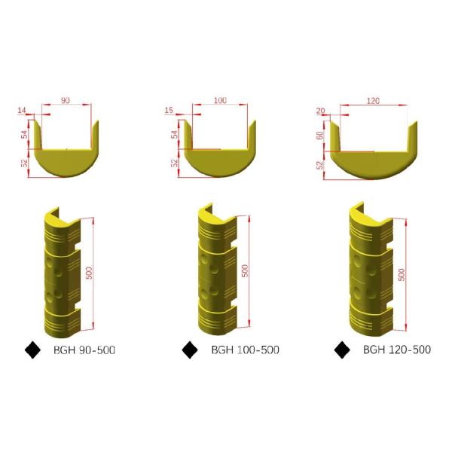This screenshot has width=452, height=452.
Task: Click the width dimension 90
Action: (65, 100)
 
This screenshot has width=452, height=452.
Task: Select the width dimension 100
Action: (220, 100)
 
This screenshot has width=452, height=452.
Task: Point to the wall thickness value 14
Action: (21, 111)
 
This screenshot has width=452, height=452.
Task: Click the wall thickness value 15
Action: (169, 111)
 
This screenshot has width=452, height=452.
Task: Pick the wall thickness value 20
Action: (321, 111)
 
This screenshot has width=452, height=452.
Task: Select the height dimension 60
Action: (319, 136)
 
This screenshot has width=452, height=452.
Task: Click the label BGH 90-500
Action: (84, 350)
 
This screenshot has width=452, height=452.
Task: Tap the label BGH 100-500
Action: (245, 350)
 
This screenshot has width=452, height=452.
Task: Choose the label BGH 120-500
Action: (397, 350)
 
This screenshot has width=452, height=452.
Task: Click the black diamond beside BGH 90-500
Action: (33, 350)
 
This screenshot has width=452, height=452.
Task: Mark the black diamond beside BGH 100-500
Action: (191, 350)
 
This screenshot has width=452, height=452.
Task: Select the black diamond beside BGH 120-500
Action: (342, 350)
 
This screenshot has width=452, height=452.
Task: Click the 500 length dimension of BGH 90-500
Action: (90, 273)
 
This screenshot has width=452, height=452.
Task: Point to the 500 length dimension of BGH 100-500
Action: (244, 270)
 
